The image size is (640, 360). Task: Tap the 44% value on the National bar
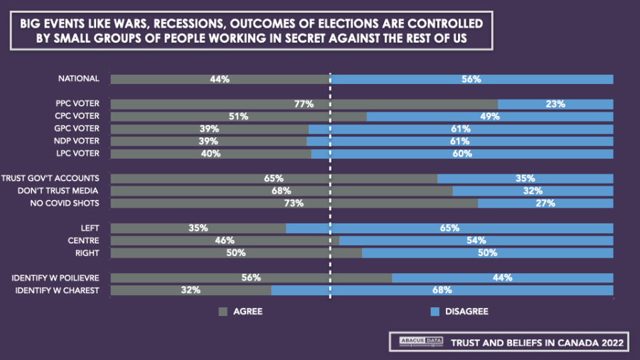tap(219, 80)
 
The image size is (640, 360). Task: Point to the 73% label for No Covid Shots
tap(294, 203)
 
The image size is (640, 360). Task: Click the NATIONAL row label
tap(79, 80)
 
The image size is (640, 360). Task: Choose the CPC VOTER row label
tap(78, 117)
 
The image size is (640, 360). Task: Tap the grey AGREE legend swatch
tap(223, 312)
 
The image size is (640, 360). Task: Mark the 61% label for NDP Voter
tap(459, 142)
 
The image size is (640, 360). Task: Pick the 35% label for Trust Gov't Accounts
tap(525, 179)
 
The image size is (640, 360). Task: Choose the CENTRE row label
tap(84, 240)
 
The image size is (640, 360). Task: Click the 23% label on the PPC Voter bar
tap(555, 104)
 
